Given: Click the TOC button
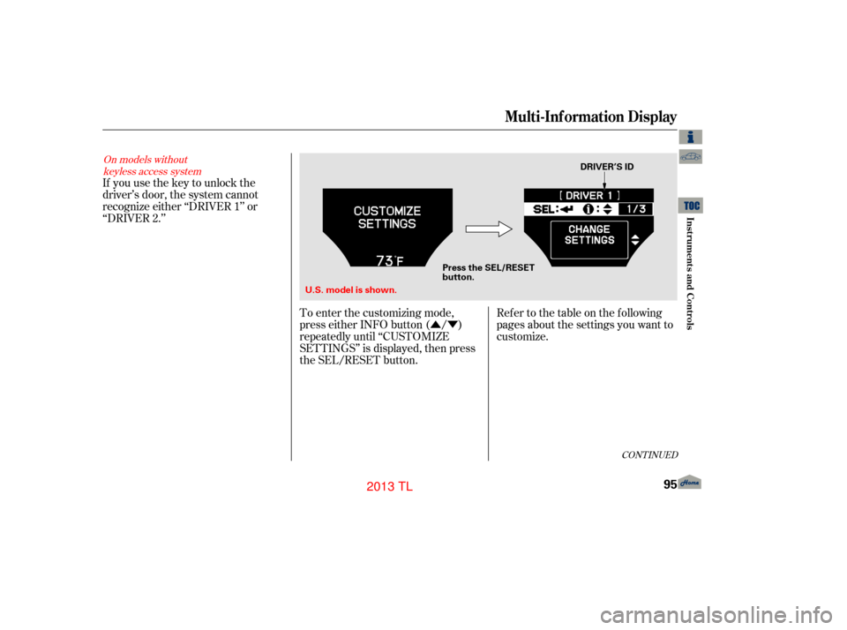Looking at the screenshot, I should click(x=693, y=205).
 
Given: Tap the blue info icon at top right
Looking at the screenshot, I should click(x=691, y=136).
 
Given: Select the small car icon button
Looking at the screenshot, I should click(x=691, y=157).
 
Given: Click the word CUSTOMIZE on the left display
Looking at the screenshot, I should click(x=387, y=211).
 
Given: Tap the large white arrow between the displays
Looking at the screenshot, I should click(x=489, y=229).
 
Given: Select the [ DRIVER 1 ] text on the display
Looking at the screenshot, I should click(x=589, y=195).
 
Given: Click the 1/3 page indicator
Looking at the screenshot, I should click(x=635, y=209).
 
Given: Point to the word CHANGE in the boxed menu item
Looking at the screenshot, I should click(x=589, y=229).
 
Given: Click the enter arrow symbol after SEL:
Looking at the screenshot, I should click(x=566, y=209).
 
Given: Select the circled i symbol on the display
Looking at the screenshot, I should click(x=588, y=209).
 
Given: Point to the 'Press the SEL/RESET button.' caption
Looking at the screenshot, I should click(x=488, y=272).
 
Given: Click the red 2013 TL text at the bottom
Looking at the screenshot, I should click(x=388, y=486).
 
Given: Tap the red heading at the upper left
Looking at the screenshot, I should click(x=152, y=165).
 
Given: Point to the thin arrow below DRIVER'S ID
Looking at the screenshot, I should click(x=605, y=179).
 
